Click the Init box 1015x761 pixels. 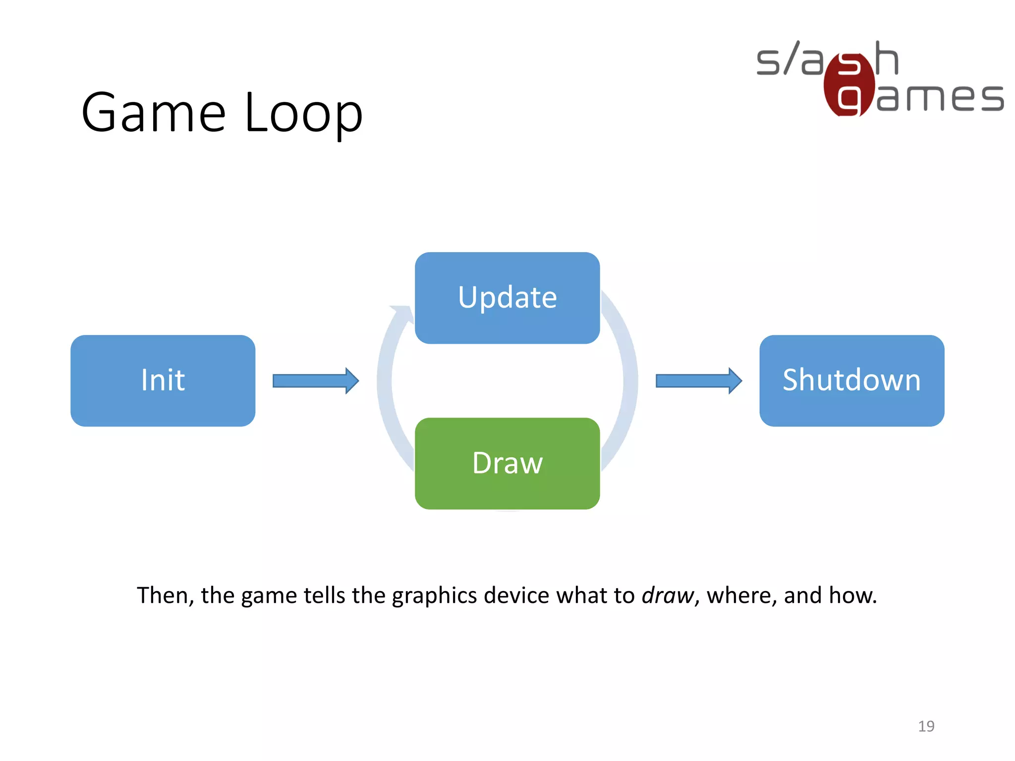point(163,380)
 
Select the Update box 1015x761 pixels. point(507,298)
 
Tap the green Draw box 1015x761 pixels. point(507,463)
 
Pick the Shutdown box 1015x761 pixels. point(851,380)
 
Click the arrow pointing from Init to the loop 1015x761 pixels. point(315,380)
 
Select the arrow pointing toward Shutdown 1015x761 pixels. point(698,380)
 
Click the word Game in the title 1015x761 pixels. point(154,113)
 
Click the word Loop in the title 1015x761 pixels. point(303,113)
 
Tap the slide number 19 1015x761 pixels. point(926,726)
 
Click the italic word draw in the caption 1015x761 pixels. point(667,595)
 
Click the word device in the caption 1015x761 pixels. point(516,595)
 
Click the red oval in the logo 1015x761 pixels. point(848,84)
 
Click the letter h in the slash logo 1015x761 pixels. point(886,58)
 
